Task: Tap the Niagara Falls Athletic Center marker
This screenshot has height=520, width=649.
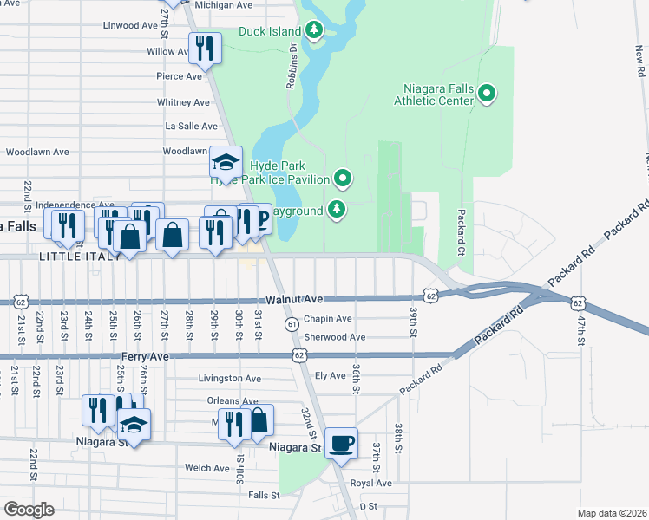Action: click(x=487, y=94)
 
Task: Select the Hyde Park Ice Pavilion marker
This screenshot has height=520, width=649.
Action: click(x=344, y=179)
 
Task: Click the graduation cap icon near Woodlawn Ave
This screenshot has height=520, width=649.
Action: click(x=225, y=162)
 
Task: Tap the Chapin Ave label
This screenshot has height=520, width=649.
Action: click(x=328, y=319)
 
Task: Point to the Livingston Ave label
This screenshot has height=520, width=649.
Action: click(x=229, y=379)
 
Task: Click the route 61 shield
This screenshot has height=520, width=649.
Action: click(x=292, y=323)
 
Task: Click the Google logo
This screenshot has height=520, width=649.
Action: click(x=29, y=510)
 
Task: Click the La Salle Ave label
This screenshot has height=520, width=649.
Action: click(x=191, y=126)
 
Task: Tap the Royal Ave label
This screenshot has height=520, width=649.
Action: click(x=371, y=483)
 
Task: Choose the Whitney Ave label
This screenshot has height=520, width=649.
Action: click(x=184, y=102)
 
